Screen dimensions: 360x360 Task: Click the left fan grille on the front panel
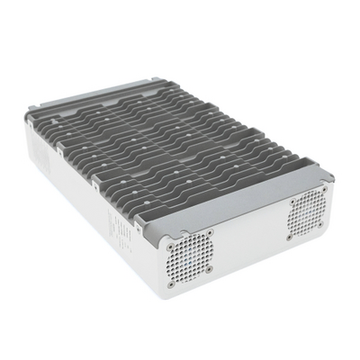click(x=191, y=250)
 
